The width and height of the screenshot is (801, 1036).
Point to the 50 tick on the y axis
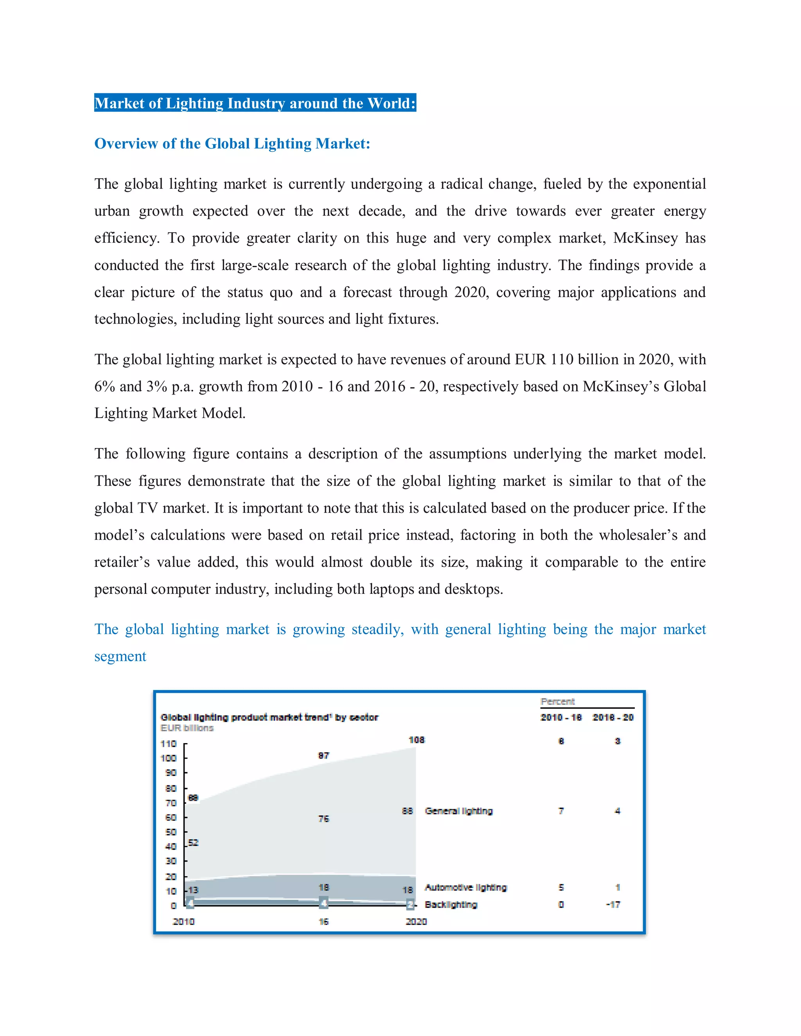click(x=171, y=832)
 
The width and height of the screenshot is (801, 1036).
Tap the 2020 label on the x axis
click(x=416, y=921)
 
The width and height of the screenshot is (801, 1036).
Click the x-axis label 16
click(x=323, y=921)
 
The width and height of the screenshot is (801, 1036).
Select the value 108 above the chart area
click(x=417, y=740)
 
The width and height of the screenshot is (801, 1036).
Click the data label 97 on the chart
click(x=323, y=755)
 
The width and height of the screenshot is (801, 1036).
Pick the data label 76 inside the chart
click(x=323, y=819)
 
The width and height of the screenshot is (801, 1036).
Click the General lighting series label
click(x=458, y=811)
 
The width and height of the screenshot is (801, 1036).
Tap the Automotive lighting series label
click(x=465, y=887)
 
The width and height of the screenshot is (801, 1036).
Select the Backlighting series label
click(x=451, y=904)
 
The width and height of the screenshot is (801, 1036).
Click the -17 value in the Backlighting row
click(x=613, y=904)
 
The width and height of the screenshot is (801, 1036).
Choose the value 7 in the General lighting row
click(x=561, y=811)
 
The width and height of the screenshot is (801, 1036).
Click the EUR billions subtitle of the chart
click(x=187, y=728)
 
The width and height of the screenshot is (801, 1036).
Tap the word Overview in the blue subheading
click(x=126, y=143)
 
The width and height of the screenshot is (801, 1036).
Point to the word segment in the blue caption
click(x=120, y=656)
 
